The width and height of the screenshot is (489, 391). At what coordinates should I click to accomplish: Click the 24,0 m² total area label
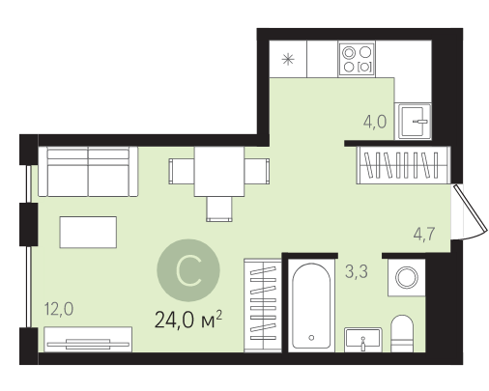(x=188, y=320)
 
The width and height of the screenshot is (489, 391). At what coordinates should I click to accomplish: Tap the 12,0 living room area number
(x=59, y=309)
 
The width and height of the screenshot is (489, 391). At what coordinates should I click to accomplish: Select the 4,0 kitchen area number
(x=375, y=122)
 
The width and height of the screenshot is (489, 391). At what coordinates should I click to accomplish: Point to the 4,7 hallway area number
(x=424, y=234)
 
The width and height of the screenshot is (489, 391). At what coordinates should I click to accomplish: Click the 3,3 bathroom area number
(x=357, y=272)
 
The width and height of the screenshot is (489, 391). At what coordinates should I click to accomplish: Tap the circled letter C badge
(x=188, y=270)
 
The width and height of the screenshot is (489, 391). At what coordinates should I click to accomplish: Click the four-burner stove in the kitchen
(x=357, y=59)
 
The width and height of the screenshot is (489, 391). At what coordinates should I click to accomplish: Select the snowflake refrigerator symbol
(x=288, y=59)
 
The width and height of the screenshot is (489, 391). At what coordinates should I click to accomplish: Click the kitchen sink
(x=415, y=122)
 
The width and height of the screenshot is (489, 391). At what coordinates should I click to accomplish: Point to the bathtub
(x=311, y=306)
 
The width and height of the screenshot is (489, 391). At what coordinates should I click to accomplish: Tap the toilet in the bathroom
(x=402, y=333)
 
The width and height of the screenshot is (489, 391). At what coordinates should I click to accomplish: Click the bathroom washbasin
(x=363, y=340)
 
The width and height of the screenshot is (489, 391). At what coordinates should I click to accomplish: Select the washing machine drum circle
(x=407, y=277)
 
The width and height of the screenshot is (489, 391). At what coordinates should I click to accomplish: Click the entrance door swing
(x=470, y=212)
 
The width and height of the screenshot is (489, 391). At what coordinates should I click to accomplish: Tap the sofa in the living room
(x=88, y=172)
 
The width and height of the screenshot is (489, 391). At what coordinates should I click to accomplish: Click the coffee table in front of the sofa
(x=88, y=232)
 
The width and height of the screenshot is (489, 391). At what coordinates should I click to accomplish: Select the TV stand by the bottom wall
(x=88, y=340)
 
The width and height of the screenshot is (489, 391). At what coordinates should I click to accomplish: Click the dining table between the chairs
(x=219, y=172)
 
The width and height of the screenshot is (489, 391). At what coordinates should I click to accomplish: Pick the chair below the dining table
(x=219, y=209)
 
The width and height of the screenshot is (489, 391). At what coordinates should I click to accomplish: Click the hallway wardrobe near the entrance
(x=403, y=165)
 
